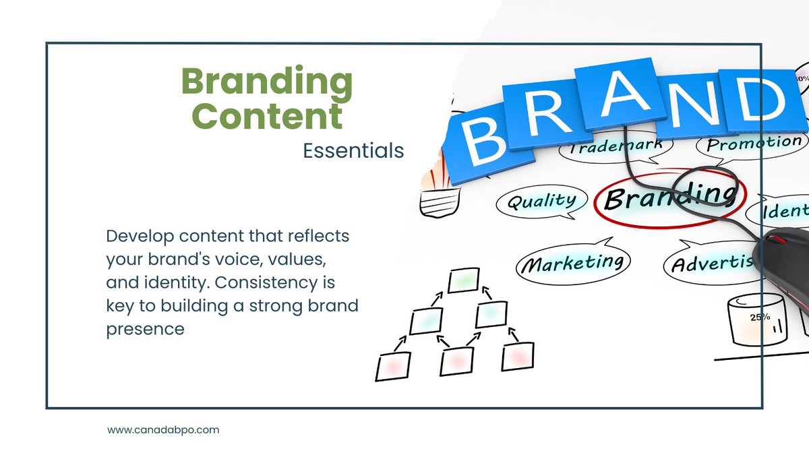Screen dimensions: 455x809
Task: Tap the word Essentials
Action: click(353, 150)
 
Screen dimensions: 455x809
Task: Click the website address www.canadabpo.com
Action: click(164, 429)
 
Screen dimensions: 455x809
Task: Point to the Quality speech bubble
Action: click(541, 202)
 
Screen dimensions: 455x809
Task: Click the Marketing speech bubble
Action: click(572, 262)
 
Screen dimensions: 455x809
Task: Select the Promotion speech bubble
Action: click(754, 143)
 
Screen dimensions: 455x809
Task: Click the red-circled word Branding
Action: click(667, 196)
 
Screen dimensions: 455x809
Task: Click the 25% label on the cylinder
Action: click(760, 317)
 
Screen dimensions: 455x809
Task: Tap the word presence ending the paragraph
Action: click(145, 330)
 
